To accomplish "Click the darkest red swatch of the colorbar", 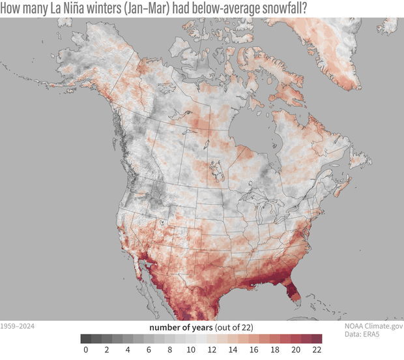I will point(317,338).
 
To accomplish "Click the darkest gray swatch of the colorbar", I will point(86,338).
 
